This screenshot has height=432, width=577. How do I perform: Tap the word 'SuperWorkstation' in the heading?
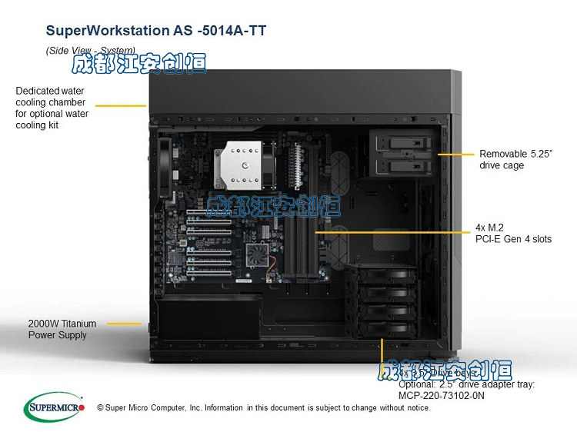point(103,31)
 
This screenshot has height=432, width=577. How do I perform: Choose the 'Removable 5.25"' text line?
point(516,154)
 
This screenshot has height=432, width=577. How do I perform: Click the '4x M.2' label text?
point(490,228)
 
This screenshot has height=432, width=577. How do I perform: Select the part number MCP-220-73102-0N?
point(442,395)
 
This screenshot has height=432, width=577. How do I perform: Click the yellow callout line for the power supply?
point(123,324)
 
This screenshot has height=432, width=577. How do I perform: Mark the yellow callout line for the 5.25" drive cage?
point(455,154)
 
